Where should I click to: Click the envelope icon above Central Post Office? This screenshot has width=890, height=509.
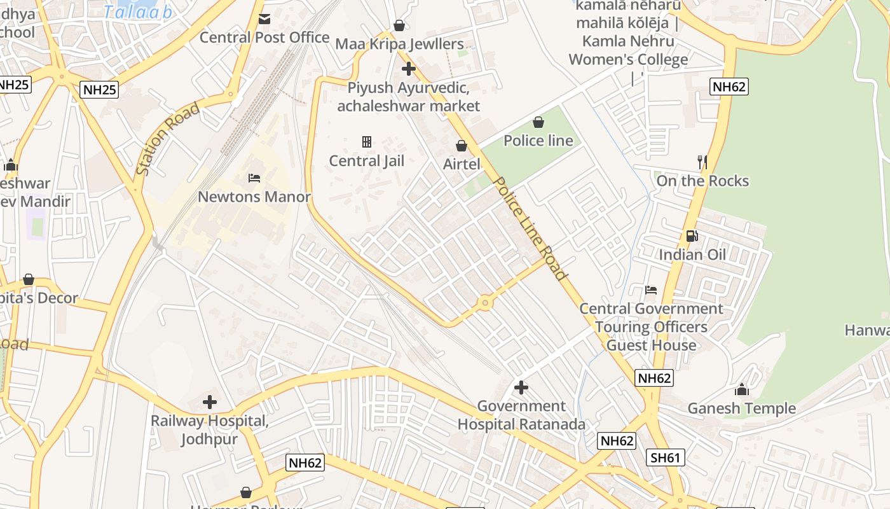coord(264,19)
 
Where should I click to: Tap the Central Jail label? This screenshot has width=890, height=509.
coord(366,161)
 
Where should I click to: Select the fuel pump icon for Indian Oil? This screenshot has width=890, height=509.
coord(692,236)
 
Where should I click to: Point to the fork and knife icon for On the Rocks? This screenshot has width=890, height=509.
coord(702,162)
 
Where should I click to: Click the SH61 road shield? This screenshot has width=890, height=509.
coord(666,457)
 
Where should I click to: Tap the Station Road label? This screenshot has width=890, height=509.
coord(168,139)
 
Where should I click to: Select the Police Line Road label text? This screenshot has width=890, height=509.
coord(530,228)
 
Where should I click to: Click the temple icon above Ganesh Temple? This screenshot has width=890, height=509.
coord(741,389)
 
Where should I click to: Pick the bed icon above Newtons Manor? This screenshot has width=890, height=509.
coord(254,178)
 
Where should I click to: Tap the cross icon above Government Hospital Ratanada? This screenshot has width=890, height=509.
coord(521,387)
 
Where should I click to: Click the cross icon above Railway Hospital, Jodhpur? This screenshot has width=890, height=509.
coord(209,402)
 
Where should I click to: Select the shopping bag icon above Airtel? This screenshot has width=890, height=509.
coord(462,146)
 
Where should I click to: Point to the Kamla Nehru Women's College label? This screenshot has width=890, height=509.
coord(627,41)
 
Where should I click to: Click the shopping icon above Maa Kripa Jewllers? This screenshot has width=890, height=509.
coord(399,25)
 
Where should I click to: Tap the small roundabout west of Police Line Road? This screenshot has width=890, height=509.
coord(486,303)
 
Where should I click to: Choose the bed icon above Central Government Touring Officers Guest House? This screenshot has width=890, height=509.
coord(650,290)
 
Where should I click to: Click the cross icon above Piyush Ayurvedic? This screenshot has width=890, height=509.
coord(408,69)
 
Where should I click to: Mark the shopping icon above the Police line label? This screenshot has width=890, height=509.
coord(538,122)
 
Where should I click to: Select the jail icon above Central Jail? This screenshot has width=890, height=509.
coord(366,141)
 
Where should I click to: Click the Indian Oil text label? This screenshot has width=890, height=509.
coord(692,255)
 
